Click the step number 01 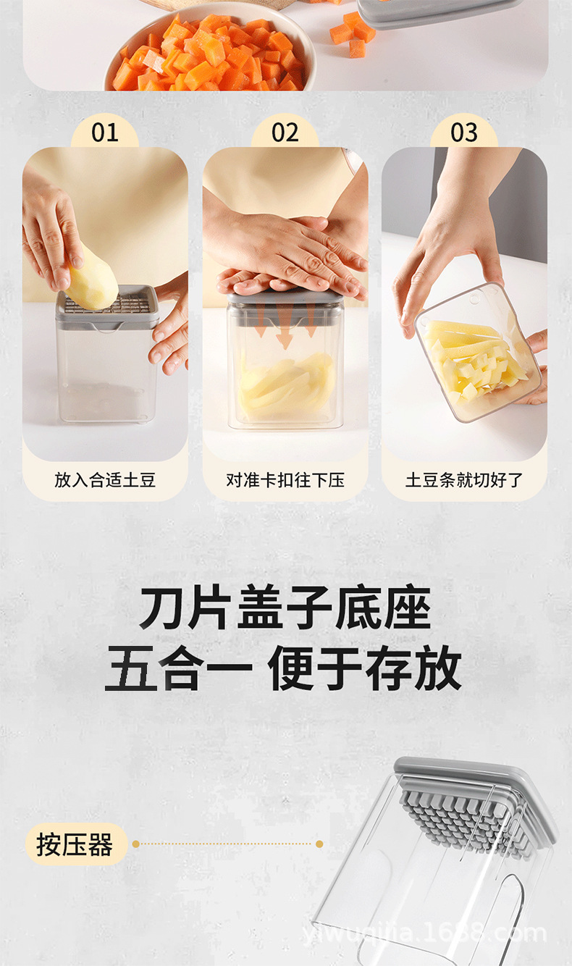click(105, 133)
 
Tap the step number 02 click(285, 133)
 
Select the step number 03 click(464, 133)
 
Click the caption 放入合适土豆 click(105, 480)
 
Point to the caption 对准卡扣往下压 click(285, 480)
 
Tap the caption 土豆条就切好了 click(464, 480)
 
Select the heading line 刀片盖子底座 click(285, 608)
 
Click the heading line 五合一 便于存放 click(283, 668)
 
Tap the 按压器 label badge click(76, 844)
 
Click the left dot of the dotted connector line click(136, 844)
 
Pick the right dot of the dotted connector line click(319, 844)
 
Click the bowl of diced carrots click(210, 49)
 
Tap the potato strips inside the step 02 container click(286, 386)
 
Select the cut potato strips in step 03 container click(474, 358)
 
